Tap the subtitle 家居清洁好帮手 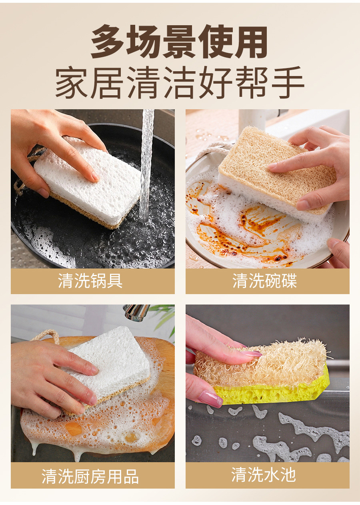tap(180, 82)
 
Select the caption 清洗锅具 tap(90, 281)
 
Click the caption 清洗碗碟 tap(265, 281)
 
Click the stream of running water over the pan tap(147, 164)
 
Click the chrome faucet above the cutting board tap(136, 312)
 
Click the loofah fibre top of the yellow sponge tap(262, 363)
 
